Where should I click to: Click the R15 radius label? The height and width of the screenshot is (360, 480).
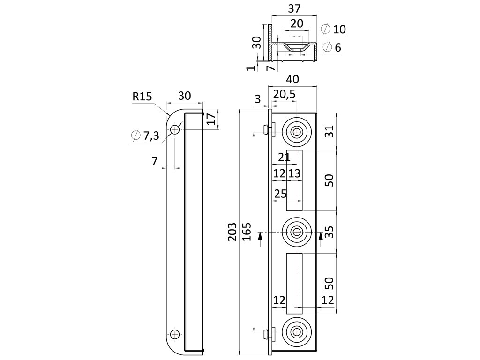point(142,97)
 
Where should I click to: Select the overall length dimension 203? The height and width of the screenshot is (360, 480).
point(232,232)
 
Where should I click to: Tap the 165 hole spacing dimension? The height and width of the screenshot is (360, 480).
point(247,232)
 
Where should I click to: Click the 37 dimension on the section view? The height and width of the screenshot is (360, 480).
point(294,8)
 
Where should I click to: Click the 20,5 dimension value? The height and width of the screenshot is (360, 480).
point(284,94)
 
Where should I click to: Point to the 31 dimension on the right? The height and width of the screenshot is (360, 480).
point(330,132)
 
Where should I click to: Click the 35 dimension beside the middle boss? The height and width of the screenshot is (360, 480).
point(330,232)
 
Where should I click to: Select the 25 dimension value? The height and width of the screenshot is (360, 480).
point(280,194)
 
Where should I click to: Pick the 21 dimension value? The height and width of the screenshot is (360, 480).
point(284,157)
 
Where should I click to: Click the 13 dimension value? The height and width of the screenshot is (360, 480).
point(294,173)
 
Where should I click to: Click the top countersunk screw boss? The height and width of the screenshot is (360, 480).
point(296,132)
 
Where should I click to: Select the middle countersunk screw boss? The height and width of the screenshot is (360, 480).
point(296,231)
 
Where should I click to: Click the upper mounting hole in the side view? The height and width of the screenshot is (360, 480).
point(175,129)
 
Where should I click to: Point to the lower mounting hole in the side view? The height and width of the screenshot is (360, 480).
point(175,334)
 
